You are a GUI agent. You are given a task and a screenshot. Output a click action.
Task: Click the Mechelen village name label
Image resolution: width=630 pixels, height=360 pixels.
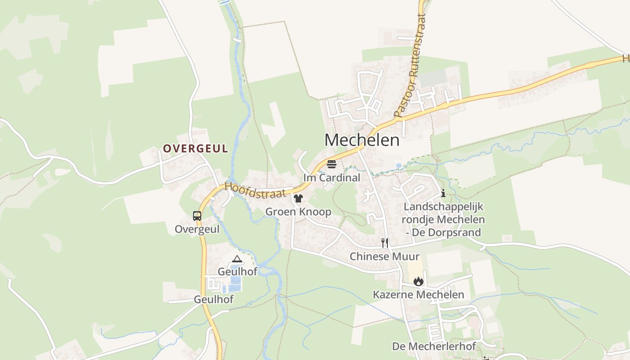[362, 140]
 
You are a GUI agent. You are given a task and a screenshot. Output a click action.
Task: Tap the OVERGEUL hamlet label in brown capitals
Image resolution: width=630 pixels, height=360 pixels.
[195, 148]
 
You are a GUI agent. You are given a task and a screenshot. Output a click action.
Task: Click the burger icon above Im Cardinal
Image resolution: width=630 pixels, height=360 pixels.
[332, 164]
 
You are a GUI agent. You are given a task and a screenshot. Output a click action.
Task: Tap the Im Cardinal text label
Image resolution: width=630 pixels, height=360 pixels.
[332, 178]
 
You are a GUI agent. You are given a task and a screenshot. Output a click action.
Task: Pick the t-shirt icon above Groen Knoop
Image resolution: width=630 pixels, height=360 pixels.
[298, 198]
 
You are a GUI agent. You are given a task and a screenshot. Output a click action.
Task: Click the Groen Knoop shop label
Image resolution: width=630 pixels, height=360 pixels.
[298, 211]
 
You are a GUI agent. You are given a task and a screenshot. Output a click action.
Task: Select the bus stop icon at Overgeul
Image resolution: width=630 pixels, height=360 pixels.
[197, 216]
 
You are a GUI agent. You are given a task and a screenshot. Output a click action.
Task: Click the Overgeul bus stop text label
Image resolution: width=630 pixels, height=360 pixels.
[197, 229]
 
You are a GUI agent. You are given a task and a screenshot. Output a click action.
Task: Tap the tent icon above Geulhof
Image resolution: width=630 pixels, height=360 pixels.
[237, 259]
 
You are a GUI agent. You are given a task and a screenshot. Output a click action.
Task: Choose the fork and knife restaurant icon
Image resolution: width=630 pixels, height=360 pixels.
[385, 243]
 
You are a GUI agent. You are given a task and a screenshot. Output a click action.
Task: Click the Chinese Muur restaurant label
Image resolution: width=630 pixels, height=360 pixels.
[385, 256]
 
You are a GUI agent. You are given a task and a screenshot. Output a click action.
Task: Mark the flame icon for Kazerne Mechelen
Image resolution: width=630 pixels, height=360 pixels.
[418, 281]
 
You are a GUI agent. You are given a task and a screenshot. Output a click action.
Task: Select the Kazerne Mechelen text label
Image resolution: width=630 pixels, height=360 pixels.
[418, 295]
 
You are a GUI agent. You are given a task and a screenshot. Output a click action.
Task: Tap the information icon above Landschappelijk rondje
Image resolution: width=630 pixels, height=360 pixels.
[443, 193]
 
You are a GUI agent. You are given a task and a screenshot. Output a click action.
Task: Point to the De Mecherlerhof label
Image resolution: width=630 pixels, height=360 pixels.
[434, 346]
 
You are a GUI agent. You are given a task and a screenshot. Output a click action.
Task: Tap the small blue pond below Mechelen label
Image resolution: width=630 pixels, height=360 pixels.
[399, 166]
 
